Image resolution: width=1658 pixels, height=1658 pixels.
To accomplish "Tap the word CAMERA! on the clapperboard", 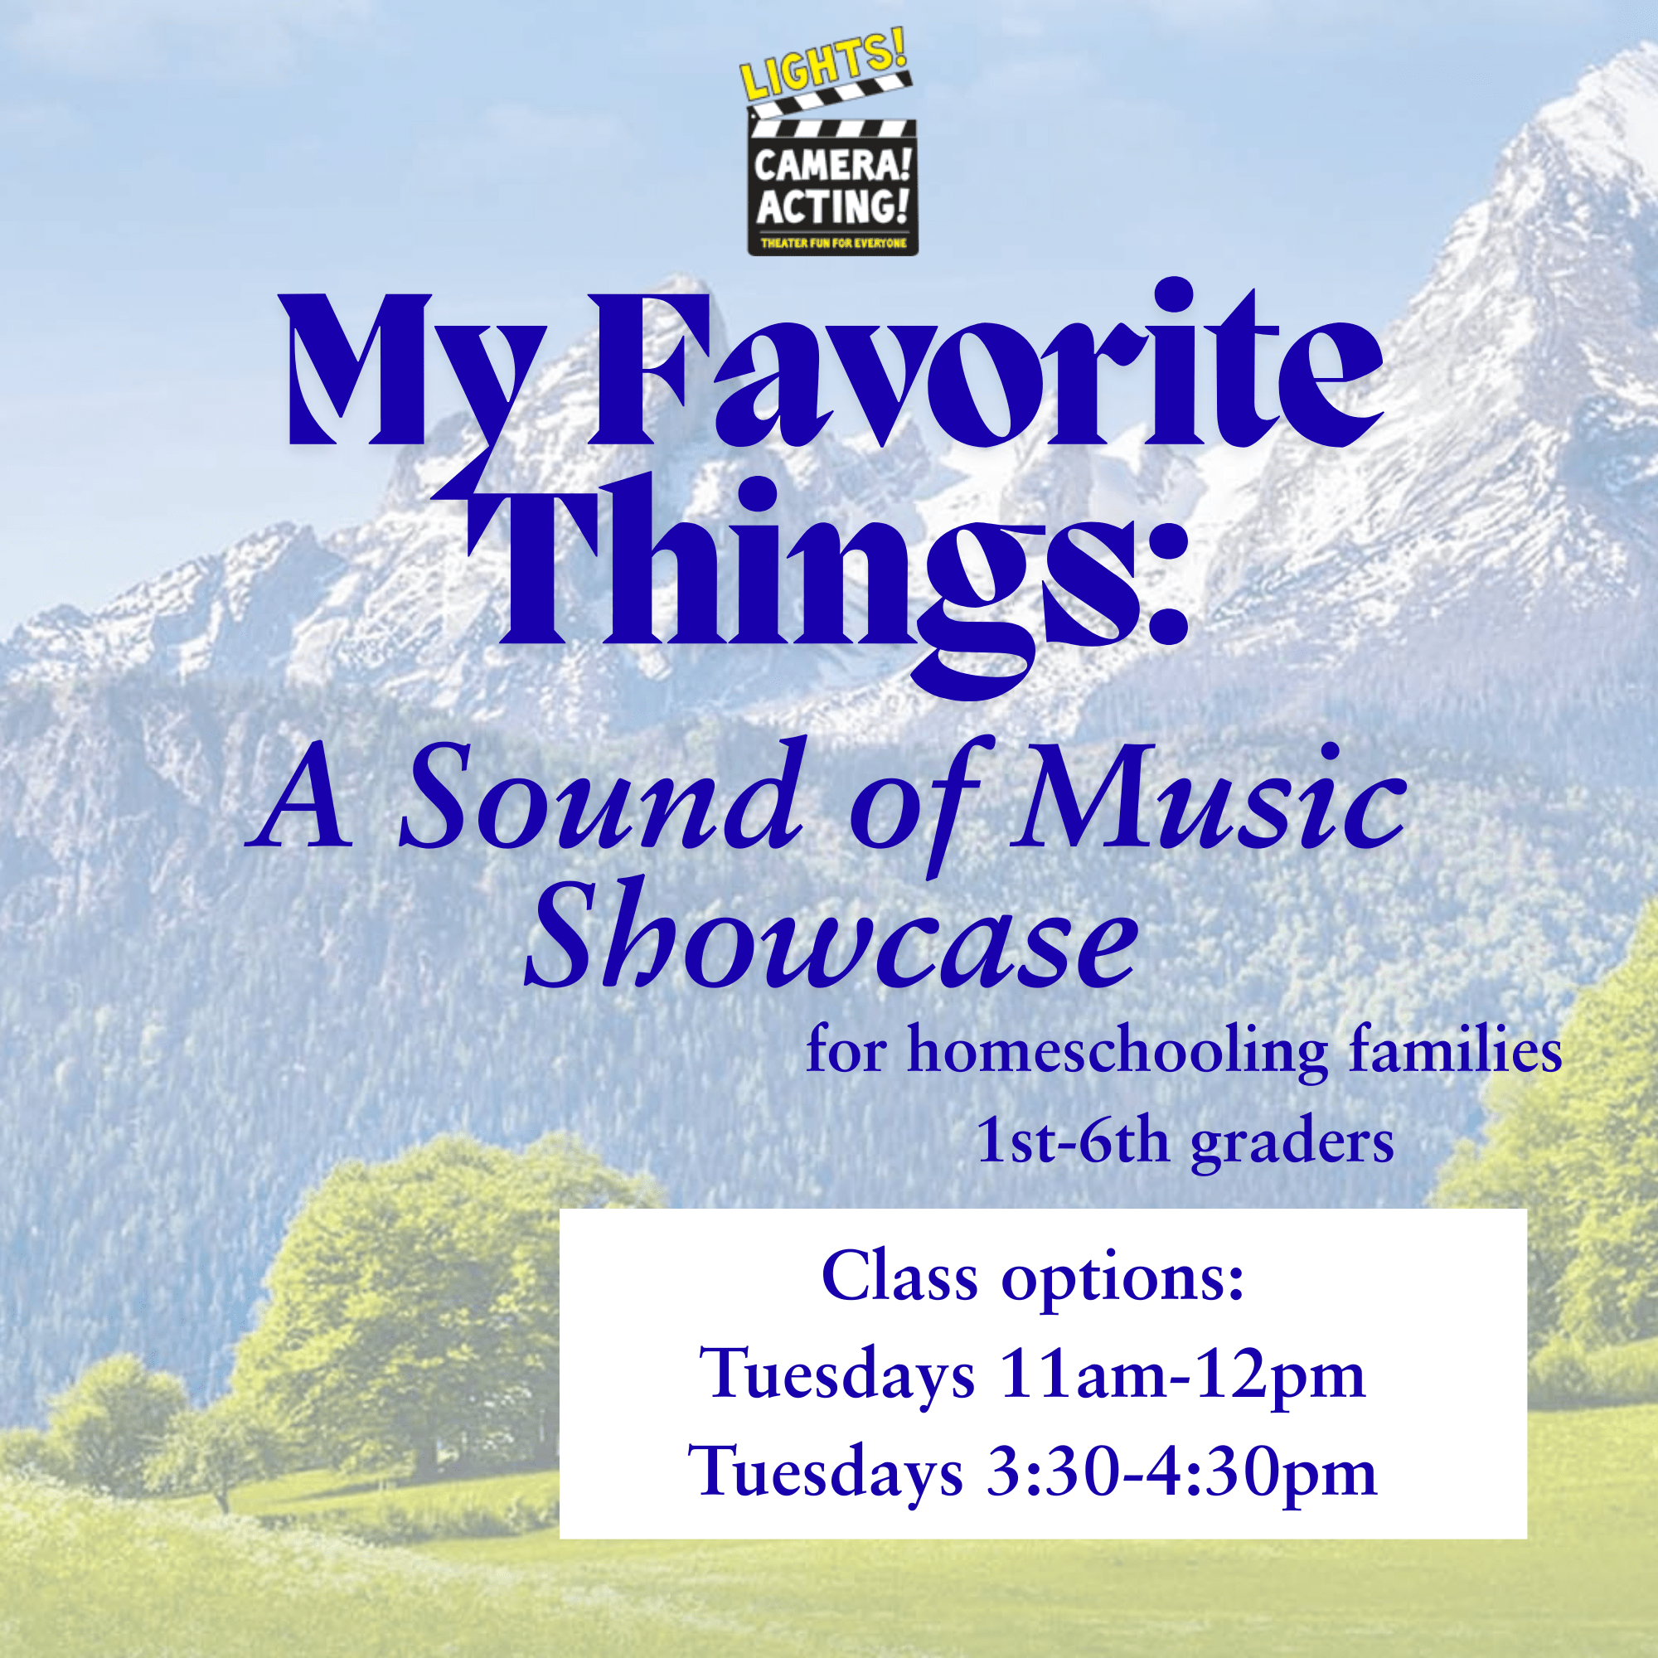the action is click(831, 163).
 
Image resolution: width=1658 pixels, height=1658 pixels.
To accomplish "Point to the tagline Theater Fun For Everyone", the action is click(833, 244).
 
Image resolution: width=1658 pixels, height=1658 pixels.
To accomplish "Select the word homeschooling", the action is click(1117, 1052).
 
